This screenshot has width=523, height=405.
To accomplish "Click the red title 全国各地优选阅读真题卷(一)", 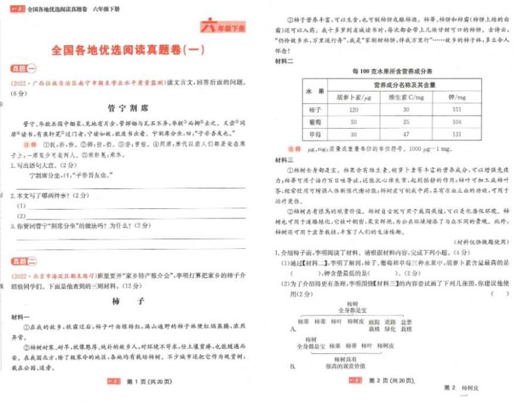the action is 131,50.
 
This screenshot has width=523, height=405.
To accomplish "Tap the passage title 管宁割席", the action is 130,106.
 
